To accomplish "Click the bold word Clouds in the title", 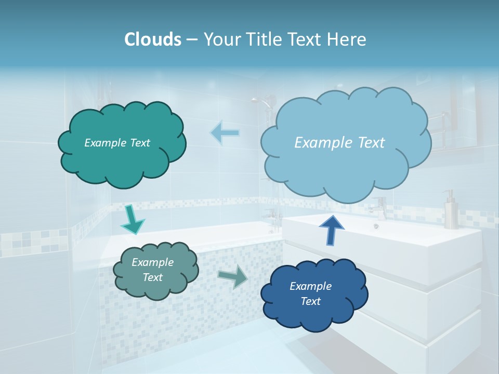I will click(153, 39).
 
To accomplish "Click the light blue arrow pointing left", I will click(225, 133).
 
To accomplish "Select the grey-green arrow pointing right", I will click(233, 276).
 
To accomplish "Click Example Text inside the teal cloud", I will click(117, 143).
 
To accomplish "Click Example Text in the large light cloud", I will click(339, 143).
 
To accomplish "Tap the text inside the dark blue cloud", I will click(310, 293).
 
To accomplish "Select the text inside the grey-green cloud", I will click(152, 270).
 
